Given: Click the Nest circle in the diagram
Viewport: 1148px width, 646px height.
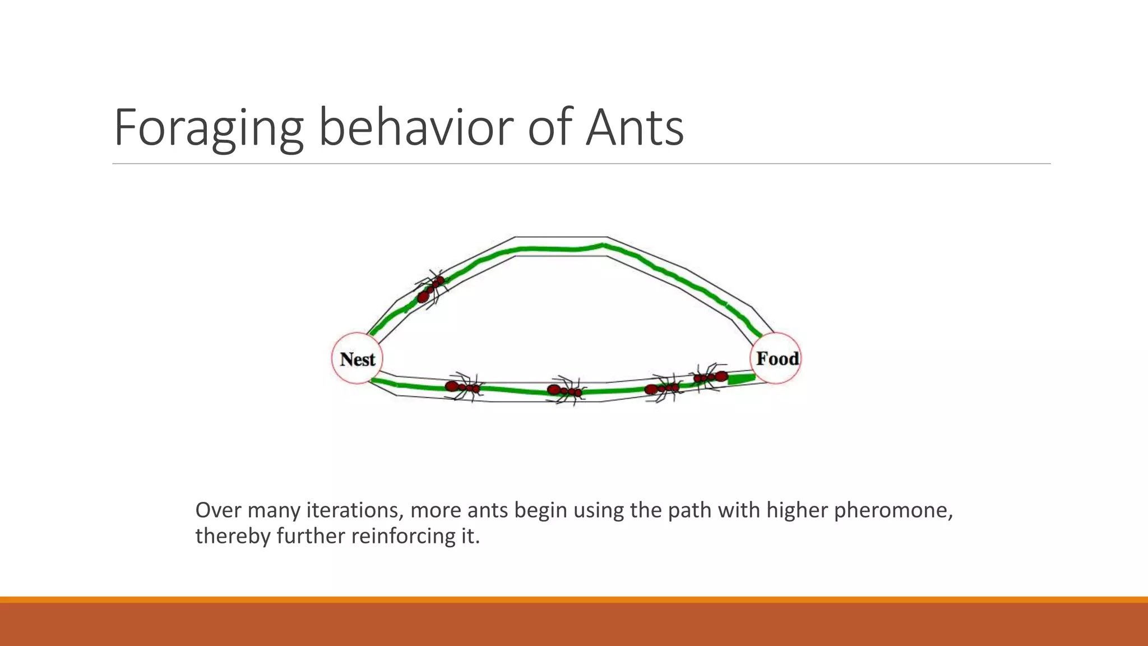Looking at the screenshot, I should [x=357, y=359].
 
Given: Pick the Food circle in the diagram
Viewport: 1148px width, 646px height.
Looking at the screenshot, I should [x=776, y=358].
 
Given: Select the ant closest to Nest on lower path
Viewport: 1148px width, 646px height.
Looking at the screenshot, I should [x=463, y=387].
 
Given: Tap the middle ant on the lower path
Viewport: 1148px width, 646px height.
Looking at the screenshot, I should [x=565, y=390].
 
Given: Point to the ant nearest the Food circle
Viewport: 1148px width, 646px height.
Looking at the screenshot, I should [x=710, y=377].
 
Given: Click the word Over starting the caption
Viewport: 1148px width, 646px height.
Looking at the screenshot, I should [x=219, y=510].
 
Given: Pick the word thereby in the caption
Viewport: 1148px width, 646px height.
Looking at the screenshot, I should [x=233, y=536].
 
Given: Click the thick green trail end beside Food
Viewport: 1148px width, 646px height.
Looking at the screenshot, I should [x=741, y=379].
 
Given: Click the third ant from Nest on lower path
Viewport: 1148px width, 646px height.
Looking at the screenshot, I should [x=663, y=388].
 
